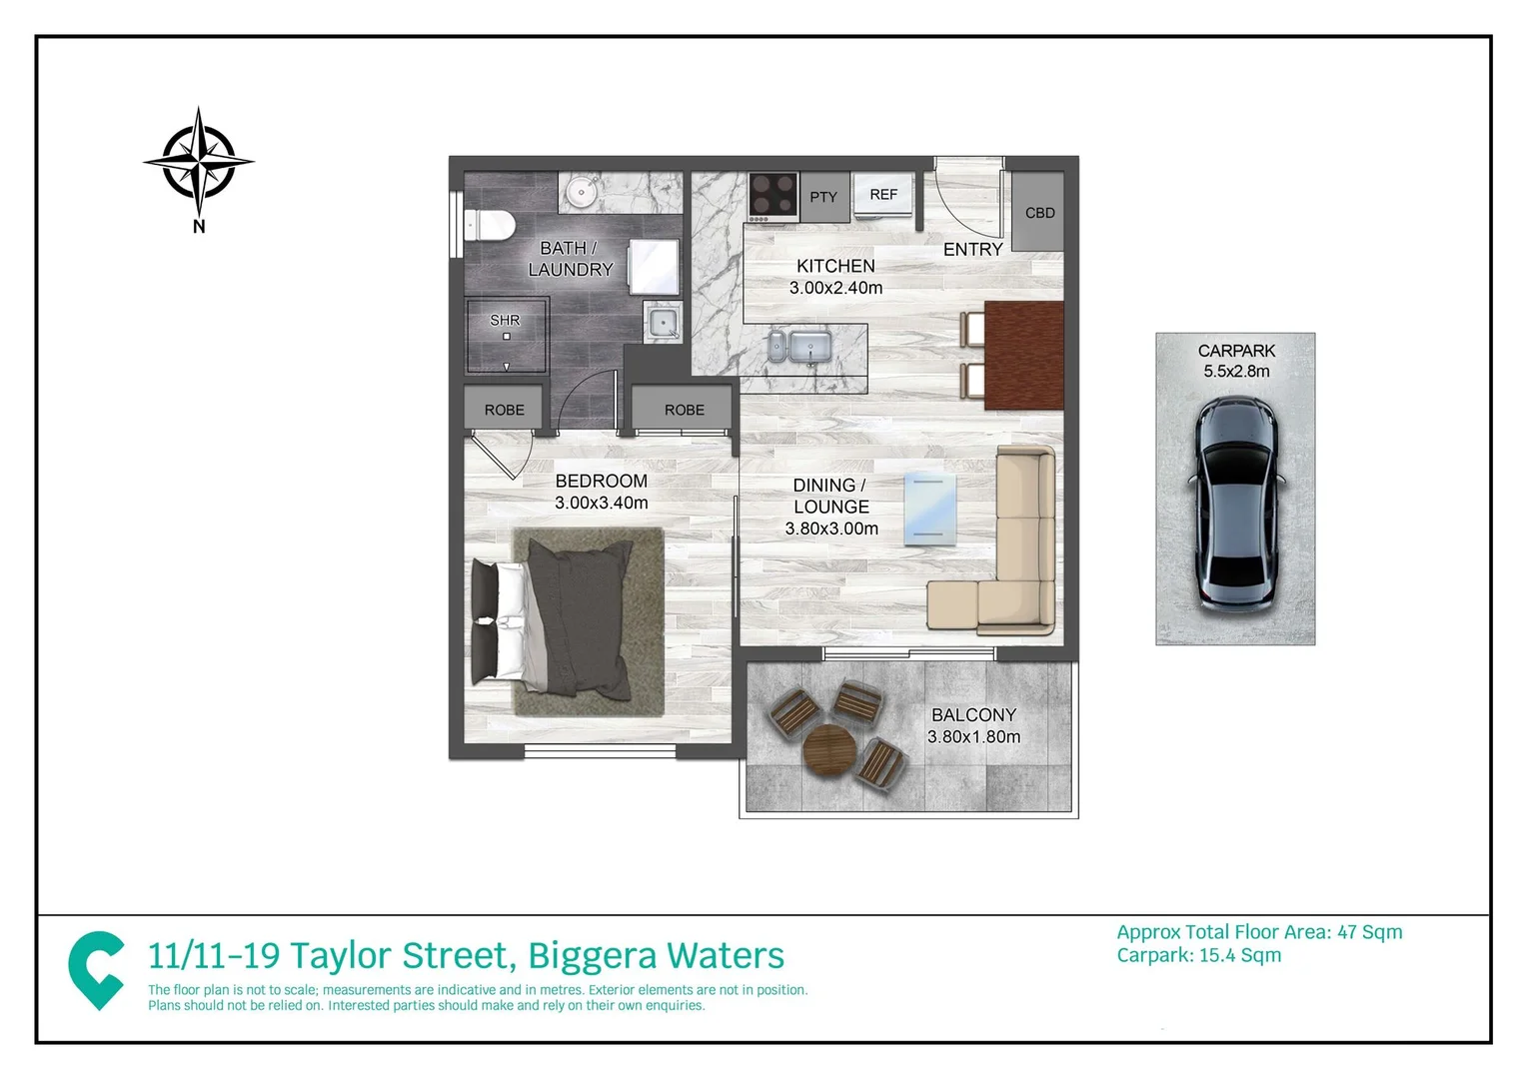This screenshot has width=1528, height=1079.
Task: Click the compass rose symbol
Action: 199,162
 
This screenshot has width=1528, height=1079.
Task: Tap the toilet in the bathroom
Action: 490,226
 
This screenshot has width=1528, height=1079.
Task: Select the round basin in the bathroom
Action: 581,192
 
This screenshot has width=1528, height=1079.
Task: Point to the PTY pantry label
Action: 823,197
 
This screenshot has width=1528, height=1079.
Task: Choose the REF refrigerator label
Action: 883,195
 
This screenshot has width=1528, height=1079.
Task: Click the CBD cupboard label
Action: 1039,213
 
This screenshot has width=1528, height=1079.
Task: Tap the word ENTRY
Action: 972,250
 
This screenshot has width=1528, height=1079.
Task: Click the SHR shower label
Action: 505,321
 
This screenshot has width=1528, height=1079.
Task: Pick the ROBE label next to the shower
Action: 505,410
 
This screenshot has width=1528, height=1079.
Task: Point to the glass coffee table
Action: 929,510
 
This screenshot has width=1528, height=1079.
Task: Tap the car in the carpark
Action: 1236,505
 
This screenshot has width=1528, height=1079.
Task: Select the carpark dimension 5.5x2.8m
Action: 1236,372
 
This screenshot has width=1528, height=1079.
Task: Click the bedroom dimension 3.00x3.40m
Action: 602,503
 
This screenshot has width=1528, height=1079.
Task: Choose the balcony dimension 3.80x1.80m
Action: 973,737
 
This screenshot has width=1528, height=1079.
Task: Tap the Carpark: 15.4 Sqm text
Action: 1198,955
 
